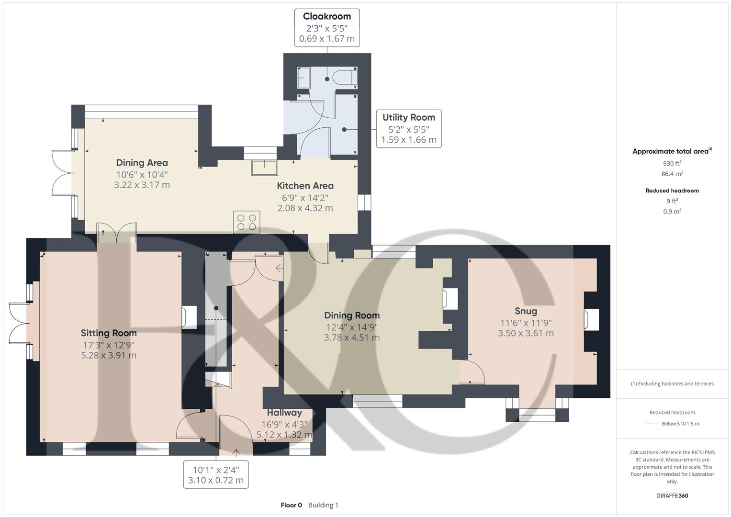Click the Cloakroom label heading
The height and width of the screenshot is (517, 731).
326,16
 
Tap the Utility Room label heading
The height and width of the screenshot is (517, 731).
408,117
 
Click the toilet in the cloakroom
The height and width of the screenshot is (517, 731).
345,78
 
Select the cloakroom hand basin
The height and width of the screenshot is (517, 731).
303,78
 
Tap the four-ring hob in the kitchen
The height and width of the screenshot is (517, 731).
247,222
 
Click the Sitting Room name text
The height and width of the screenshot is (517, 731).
109,333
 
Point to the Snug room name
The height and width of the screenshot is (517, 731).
526,311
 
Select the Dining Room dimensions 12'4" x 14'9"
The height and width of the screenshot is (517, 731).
352,327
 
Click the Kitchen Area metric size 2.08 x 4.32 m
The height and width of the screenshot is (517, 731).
305,208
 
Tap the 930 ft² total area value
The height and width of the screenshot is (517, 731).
672,163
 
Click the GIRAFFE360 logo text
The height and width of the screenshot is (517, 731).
672,495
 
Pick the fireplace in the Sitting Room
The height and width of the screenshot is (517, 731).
189,317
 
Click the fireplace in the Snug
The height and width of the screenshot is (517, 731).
591,319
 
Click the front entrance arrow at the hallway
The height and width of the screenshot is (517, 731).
236,452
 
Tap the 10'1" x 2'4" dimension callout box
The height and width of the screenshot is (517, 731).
216,475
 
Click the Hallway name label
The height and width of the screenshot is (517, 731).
284,413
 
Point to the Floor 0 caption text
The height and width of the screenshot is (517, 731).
291,505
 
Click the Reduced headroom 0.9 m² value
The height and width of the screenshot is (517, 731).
672,212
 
